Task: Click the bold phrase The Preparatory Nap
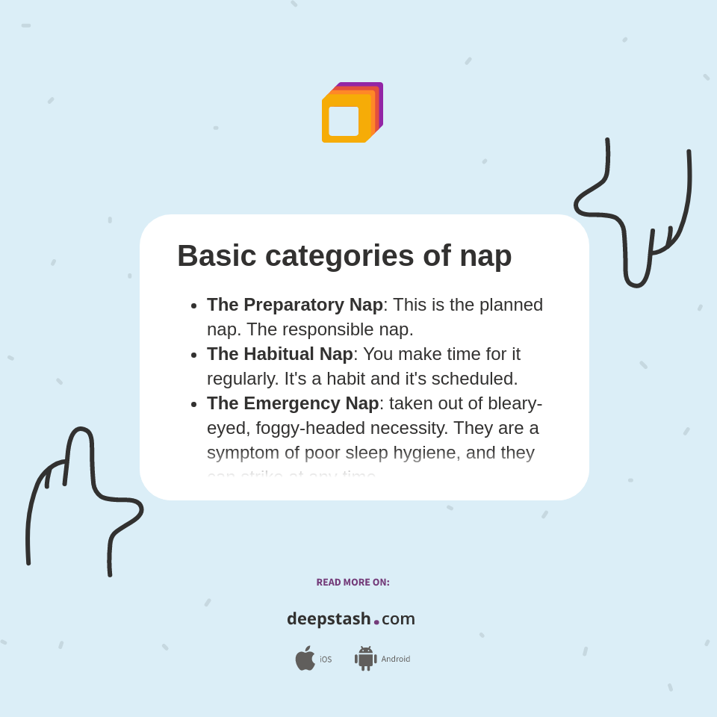[294, 305]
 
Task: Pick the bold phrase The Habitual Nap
[279, 354]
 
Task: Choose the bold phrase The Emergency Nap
[293, 403]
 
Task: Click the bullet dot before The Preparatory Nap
[194, 305]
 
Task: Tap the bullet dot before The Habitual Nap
[194, 355]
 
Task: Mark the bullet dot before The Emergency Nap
[194, 404]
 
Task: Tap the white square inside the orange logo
[344, 121]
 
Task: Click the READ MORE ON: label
[353, 583]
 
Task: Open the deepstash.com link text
[351, 618]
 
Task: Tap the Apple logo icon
[305, 658]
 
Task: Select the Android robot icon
[365, 658]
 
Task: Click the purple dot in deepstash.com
[376, 622]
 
